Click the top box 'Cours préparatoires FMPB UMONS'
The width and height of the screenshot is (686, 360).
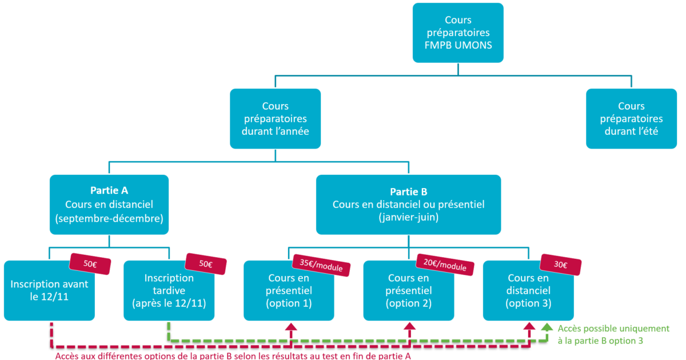tap(458, 33)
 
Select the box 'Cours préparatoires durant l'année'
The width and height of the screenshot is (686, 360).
tap(276, 118)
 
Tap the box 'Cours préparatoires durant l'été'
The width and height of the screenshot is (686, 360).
tap(631, 118)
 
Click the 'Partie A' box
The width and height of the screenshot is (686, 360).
tap(109, 205)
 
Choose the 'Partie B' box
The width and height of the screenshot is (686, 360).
tap(408, 205)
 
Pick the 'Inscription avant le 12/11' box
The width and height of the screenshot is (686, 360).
tap(49, 291)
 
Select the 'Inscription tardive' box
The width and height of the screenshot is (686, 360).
tap(169, 291)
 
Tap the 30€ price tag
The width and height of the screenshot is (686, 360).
tap(561, 265)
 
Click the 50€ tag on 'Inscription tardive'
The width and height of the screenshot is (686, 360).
tap(206, 264)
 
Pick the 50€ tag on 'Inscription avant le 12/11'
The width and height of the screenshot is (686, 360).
tap(90, 264)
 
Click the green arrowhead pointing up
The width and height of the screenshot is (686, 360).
tap(547, 328)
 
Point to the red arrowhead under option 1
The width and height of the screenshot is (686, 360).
tap(292, 327)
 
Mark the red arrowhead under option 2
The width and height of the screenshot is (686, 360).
tap(409, 327)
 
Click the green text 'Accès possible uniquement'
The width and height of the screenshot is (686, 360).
tap(613, 329)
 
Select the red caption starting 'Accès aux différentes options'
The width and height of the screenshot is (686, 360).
tap(233, 355)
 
